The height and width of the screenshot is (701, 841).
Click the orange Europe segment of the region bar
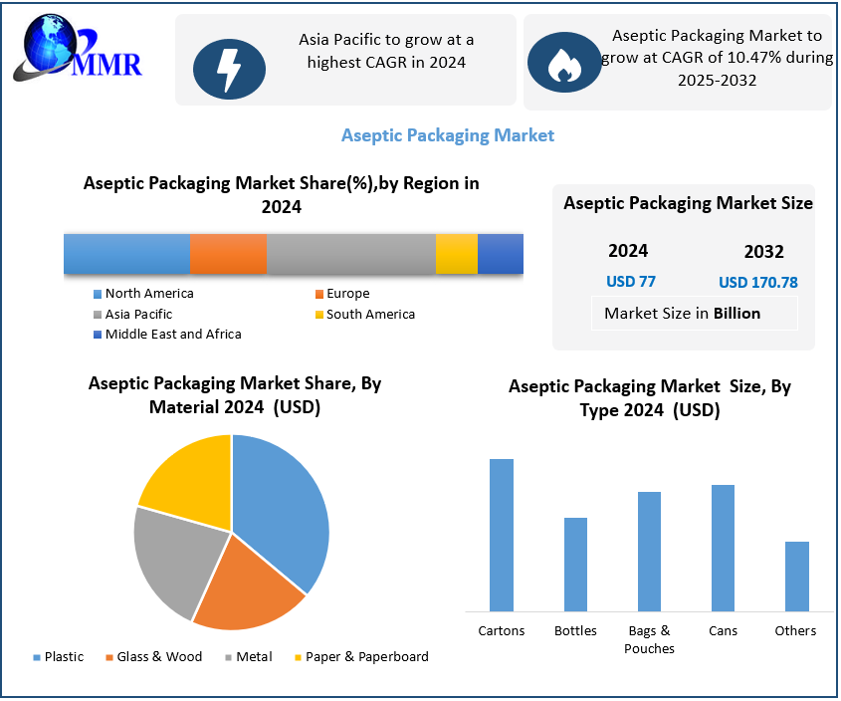click(228, 254)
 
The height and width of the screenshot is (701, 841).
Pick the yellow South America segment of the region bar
click(456, 254)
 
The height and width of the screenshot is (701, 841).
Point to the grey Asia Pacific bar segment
click(350, 254)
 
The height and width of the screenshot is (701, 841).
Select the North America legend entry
click(143, 294)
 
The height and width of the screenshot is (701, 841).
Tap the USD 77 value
click(631, 282)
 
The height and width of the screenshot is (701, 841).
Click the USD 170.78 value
click(758, 283)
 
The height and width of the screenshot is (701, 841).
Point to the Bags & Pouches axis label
click(649, 639)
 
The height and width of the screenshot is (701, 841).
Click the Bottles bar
click(575, 564)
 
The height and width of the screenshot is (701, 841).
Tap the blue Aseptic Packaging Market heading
click(448, 135)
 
